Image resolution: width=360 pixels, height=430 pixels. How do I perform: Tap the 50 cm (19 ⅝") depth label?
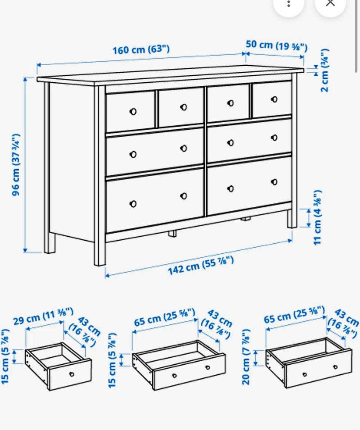[x=277, y=46]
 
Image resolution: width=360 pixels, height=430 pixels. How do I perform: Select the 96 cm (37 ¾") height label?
[x=16, y=165]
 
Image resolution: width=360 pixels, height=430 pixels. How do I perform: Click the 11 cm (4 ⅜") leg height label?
[x=317, y=217]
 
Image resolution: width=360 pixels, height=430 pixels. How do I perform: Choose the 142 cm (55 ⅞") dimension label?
[x=201, y=265]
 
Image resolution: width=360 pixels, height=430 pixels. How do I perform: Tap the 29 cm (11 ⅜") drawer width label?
[x=43, y=316]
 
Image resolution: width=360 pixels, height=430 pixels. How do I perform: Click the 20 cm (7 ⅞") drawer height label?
[x=246, y=356]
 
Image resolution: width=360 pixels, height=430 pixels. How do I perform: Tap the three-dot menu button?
[x=289, y=4]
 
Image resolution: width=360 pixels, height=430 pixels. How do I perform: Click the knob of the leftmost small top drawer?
[x=133, y=111]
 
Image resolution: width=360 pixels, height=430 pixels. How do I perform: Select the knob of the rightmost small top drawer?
[x=274, y=99]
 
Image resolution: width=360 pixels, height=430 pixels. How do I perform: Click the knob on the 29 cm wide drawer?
[x=72, y=374]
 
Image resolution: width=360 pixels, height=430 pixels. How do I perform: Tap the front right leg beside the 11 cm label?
[x=291, y=219]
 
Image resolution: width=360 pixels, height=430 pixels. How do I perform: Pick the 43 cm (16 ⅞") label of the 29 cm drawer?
[x=85, y=331]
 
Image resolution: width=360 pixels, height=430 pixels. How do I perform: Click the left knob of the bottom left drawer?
[x=133, y=204]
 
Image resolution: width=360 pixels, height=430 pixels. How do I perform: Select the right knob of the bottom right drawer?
[x=274, y=182]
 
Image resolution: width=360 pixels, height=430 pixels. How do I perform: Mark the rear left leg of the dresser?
[x=50, y=243]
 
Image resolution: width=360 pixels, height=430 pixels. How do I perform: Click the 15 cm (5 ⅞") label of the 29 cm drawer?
[x=5, y=356]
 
